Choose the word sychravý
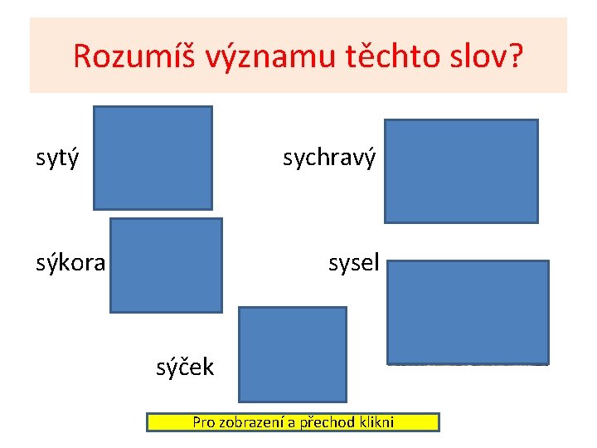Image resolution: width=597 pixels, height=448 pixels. tap(329, 157)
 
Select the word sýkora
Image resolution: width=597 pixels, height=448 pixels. tap(70, 264)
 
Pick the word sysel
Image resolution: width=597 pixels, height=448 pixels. tap(353, 264)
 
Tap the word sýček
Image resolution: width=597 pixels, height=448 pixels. tap(185, 366)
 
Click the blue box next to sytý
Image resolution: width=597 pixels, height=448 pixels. tap(153, 158)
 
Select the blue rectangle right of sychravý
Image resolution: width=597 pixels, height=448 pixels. tap(461, 171)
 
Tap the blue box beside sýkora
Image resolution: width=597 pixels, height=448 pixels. tap(166, 265)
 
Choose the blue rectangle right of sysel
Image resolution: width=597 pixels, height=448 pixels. tap(468, 312)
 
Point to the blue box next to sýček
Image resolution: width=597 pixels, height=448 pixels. tap(293, 354)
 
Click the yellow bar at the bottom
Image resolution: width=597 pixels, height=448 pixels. tap(293, 422)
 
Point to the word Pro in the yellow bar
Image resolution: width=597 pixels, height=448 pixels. tap(203, 422)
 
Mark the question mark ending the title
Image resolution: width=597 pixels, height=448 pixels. tap(516, 56)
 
